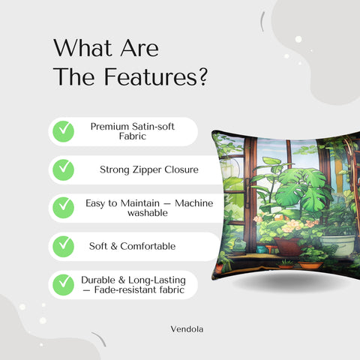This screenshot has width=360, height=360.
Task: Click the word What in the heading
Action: point(79,49)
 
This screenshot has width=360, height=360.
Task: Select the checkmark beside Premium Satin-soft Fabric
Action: point(63,131)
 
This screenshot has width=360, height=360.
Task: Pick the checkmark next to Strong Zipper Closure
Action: point(63,169)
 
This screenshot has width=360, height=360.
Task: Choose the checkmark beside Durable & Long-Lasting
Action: point(63,284)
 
